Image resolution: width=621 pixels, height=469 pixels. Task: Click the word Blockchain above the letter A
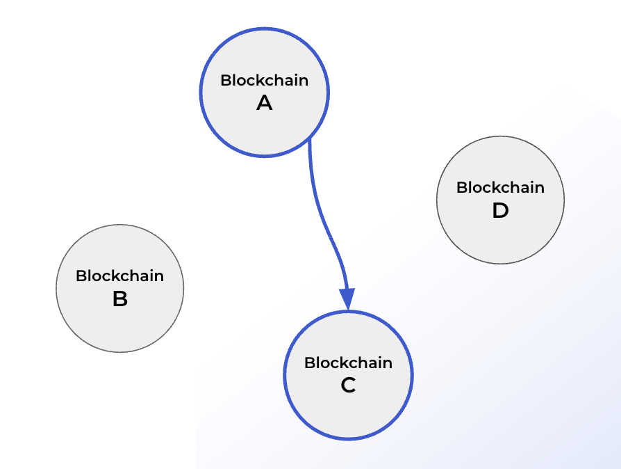click(265, 80)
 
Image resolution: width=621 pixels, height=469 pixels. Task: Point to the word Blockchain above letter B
click(119, 276)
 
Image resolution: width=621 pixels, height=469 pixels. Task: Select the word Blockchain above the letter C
click(348, 363)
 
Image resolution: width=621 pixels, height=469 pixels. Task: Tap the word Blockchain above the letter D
click(500, 187)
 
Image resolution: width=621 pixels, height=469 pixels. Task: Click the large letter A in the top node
click(265, 104)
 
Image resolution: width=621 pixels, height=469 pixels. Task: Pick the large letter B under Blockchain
click(119, 300)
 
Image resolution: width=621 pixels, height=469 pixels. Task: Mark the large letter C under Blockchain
click(348, 385)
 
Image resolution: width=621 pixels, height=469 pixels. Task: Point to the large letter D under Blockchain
click(500, 211)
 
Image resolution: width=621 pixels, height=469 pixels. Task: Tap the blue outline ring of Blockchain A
click(201, 92)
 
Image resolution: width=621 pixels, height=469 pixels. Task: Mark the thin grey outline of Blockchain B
click(56, 288)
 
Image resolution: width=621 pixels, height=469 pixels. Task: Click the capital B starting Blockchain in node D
click(461, 187)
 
